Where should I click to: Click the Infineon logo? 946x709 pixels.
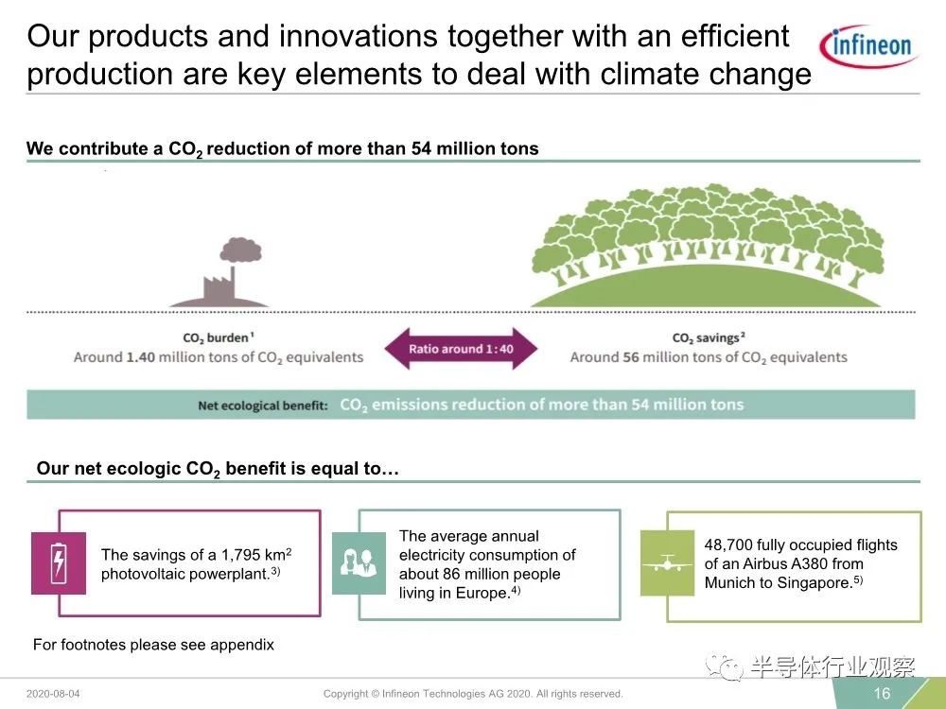tap(868, 45)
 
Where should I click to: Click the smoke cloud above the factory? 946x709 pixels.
tap(240, 250)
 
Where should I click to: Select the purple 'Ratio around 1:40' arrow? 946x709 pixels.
tap(461, 349)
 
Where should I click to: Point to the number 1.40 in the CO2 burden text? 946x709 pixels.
tap(141, 357)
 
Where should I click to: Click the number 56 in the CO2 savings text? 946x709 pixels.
tap(630, 357)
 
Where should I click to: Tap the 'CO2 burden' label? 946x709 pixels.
tap(218, 338)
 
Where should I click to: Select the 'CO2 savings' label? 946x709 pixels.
tap(709, 338)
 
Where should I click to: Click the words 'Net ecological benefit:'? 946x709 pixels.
tap(262, 406)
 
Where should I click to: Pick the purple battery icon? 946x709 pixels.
tap(59, 563)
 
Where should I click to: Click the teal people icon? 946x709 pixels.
tap(359, 563)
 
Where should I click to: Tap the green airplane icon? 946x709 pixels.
tap(667, 563)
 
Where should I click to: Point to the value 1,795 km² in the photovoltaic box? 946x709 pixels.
tap(256, 554)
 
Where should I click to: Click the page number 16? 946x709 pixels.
tap(882, 693)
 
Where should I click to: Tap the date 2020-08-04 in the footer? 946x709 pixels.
tap(53, 694)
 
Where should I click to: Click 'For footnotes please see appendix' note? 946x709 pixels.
tap(153, 645)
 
